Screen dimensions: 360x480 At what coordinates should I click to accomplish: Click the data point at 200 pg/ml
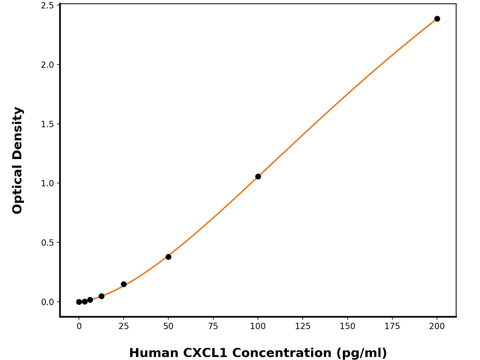point(437,19)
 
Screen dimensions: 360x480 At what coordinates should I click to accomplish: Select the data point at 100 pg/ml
point(258,176)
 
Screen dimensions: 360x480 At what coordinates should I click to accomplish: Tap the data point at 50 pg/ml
point(168,257)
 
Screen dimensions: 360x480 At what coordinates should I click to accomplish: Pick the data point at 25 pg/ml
point(124,284)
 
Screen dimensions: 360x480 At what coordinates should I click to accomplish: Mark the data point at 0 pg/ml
point(79,302)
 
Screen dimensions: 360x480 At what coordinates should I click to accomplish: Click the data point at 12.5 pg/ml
point(101,296)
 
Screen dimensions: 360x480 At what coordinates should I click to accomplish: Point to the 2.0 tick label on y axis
point(47,65)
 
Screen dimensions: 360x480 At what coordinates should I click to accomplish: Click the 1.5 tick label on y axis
point(47,124)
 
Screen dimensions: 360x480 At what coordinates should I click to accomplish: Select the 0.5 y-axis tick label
point(47,242)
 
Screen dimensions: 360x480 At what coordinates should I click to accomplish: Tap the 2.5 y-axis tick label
point(47,6)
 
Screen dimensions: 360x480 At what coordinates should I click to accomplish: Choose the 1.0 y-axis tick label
point(47,183)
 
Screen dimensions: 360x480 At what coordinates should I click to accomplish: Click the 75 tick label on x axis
point(213,326)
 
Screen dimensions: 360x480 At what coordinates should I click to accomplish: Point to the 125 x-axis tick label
point(302,326)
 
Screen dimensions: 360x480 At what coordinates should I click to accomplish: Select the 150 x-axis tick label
point(347,326)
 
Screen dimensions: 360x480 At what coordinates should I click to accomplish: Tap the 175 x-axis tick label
point(392,326)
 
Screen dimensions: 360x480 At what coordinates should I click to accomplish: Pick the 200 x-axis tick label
point(437,326)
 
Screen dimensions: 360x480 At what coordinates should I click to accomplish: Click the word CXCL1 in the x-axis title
point(205,353)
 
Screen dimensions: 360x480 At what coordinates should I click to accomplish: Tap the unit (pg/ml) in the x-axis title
point(361,353)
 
